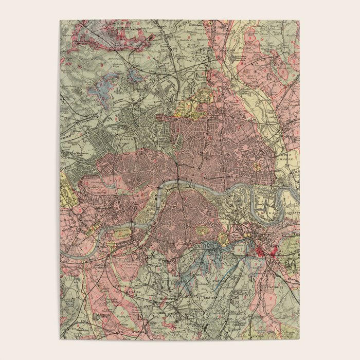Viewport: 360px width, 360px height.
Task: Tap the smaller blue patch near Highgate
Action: [135, 76]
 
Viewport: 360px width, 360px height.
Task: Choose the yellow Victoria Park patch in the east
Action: [256, 168]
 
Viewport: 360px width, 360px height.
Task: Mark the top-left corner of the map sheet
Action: [60, 21]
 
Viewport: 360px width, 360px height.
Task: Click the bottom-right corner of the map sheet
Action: [299, 339]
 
